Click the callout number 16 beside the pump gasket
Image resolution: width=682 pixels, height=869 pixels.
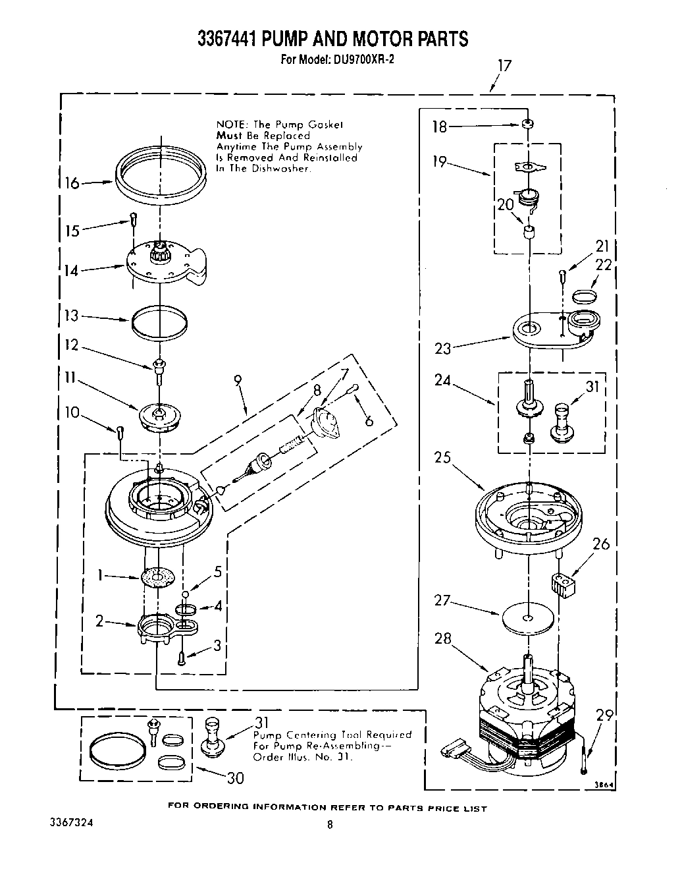click(x=72, y=182)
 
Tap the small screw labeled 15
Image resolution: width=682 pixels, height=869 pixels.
click(x=133, y=219)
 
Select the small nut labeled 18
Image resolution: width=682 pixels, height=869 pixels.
click(x=527, y=124)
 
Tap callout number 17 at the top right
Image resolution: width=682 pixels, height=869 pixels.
click(x=504, y=66)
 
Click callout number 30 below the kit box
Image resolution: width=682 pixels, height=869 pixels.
click(x=235, y=778)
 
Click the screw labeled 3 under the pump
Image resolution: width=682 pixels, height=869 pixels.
click(x=182, y=656)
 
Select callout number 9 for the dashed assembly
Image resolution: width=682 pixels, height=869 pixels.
click(x=238, y=380)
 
